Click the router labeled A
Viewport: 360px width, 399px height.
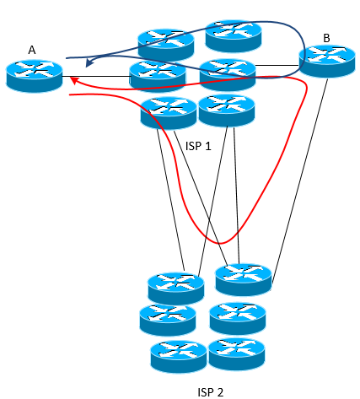[x=34, y=76]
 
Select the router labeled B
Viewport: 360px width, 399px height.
[x=327, y=61]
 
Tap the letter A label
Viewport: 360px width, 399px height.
[x=32, y=50]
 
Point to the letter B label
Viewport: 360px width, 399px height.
[x=326, y=38]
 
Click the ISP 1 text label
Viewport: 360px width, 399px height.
[x=198, y=146]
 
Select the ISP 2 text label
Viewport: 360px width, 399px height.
[x=211, y=392]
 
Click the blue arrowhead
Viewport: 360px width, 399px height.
[x=89, y=63]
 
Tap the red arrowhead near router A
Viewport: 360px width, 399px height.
[x=74, y=81]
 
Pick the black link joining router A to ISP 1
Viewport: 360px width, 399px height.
[x=96, y=76]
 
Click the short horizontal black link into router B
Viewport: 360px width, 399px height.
[x=277, y=66]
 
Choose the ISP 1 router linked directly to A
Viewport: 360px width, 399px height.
[x=158, y=76]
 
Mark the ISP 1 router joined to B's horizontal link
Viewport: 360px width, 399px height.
[x=228, y=74]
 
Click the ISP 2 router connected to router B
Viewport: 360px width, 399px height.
[x=244, y=279]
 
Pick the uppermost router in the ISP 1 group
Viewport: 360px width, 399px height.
[x=234, y=35]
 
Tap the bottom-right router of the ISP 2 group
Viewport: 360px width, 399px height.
[x=237, y=354]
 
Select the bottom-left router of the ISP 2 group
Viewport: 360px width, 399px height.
[x=179, y=357]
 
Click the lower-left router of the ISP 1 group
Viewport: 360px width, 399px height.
[x=169, y=113]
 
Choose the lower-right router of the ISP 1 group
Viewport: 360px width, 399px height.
[x=227, y=111]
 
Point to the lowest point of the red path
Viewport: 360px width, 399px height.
[x=221, y=243]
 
